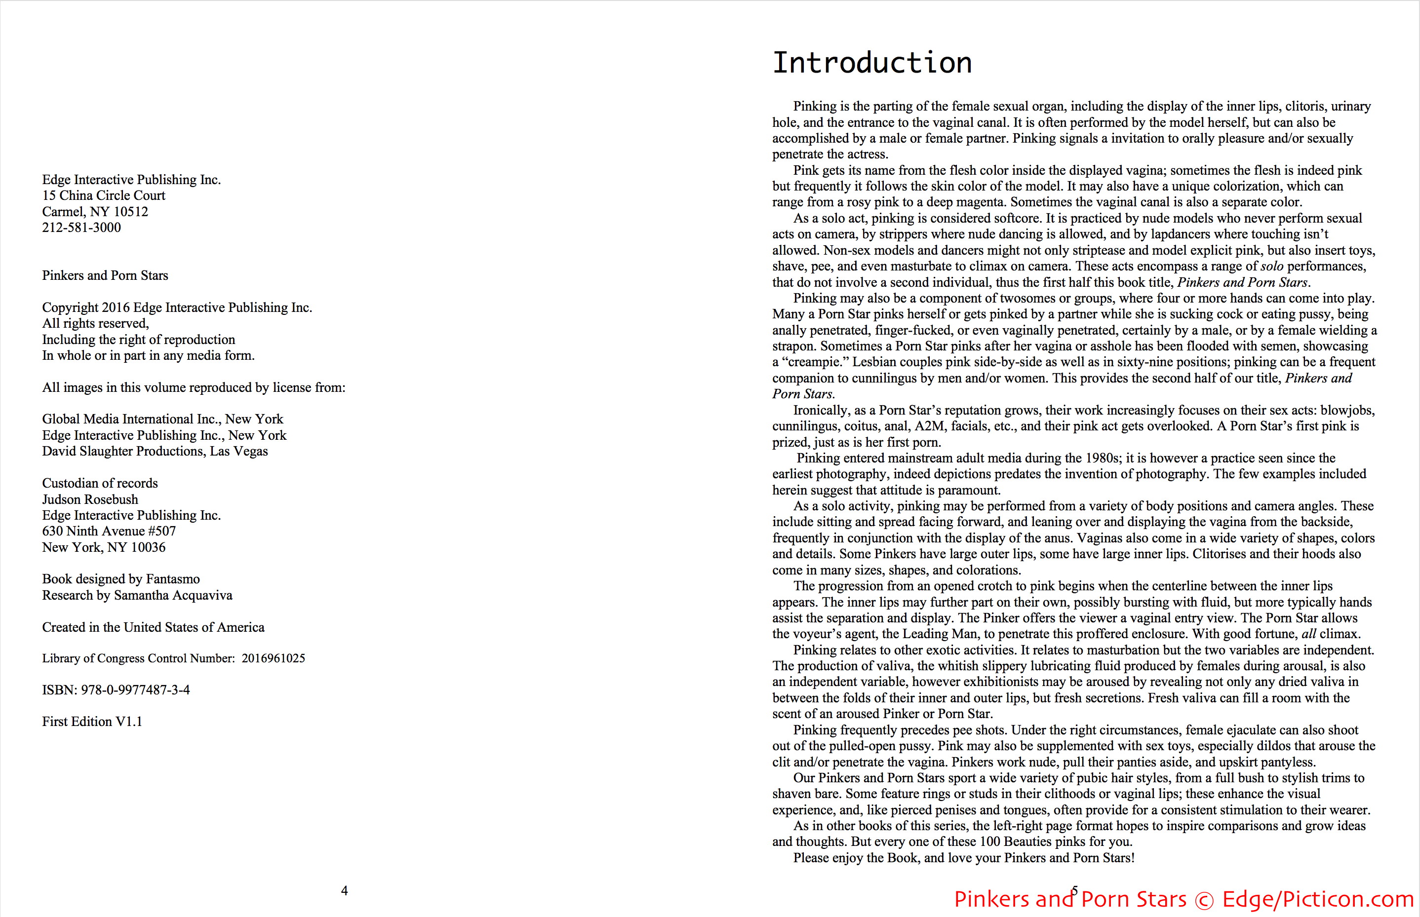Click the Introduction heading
click(871, 63)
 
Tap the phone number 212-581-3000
click(81, 228)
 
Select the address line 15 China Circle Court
click(104, 195)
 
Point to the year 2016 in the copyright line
click(116, 307)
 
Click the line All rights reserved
click(95, 323)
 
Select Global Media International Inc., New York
click(162, 419)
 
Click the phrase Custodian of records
click(100, 483)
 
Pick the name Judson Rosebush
click(90, 499)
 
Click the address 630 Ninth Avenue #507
click(109, 531)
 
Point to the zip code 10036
click(148, 547)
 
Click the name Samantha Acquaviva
click(173, 595)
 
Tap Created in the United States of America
click(153, 627)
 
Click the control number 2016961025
click(274, 658)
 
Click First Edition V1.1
click(92, 721)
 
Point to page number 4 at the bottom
click(344, 891)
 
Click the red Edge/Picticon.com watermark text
click(1318, 899)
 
